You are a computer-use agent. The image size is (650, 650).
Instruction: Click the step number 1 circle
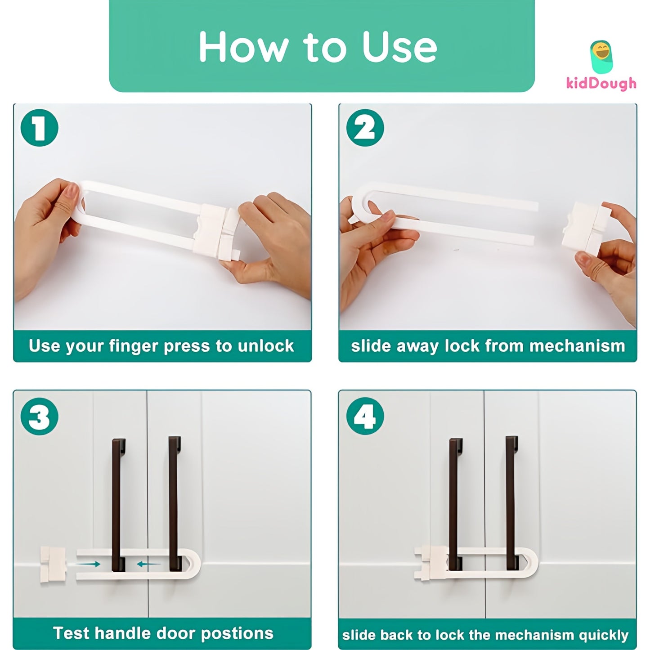pos(40,128)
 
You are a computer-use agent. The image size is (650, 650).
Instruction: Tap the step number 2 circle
pos(365,128)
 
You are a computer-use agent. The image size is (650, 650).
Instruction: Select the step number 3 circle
pos(40,416)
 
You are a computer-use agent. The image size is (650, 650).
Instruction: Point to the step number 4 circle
pos(365,416)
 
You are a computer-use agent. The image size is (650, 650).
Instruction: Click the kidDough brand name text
pos(601,83)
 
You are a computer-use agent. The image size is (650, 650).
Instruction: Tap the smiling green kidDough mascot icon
pos(601,56)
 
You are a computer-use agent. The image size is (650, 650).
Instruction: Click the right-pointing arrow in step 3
pos(88,564)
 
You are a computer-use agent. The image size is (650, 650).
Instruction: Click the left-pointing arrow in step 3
pos(148,564)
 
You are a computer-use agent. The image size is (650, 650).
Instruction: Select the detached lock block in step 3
pos(53,565)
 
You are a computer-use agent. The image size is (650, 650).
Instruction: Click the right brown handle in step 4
pos(511,504)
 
